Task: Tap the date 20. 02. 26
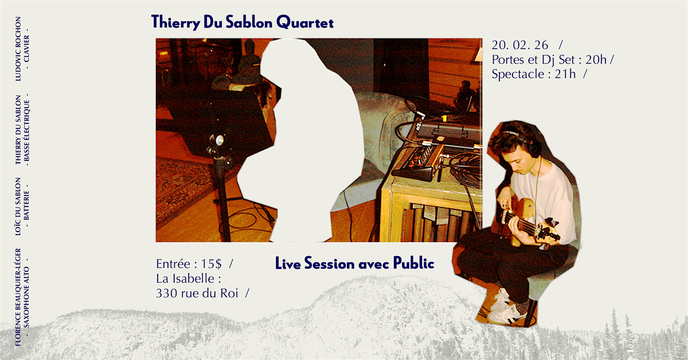[x=519, y=45]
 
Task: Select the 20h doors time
[x=596, y=60]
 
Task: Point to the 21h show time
[x=565, y=74]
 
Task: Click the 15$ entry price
[x=211, y=264]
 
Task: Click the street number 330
[x=166, y=294]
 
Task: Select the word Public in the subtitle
[x=414, y=263]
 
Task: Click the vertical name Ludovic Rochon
[x=18, y=49]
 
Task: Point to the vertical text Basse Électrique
[x=27, y=131]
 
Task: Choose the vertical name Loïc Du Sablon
[x=18, y=206]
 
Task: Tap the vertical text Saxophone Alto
[x=27, y=297]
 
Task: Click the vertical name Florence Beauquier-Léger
[x=18, y=298]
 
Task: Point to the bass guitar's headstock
[x=548, y=232]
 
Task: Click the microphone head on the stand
[x=218, y=140]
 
